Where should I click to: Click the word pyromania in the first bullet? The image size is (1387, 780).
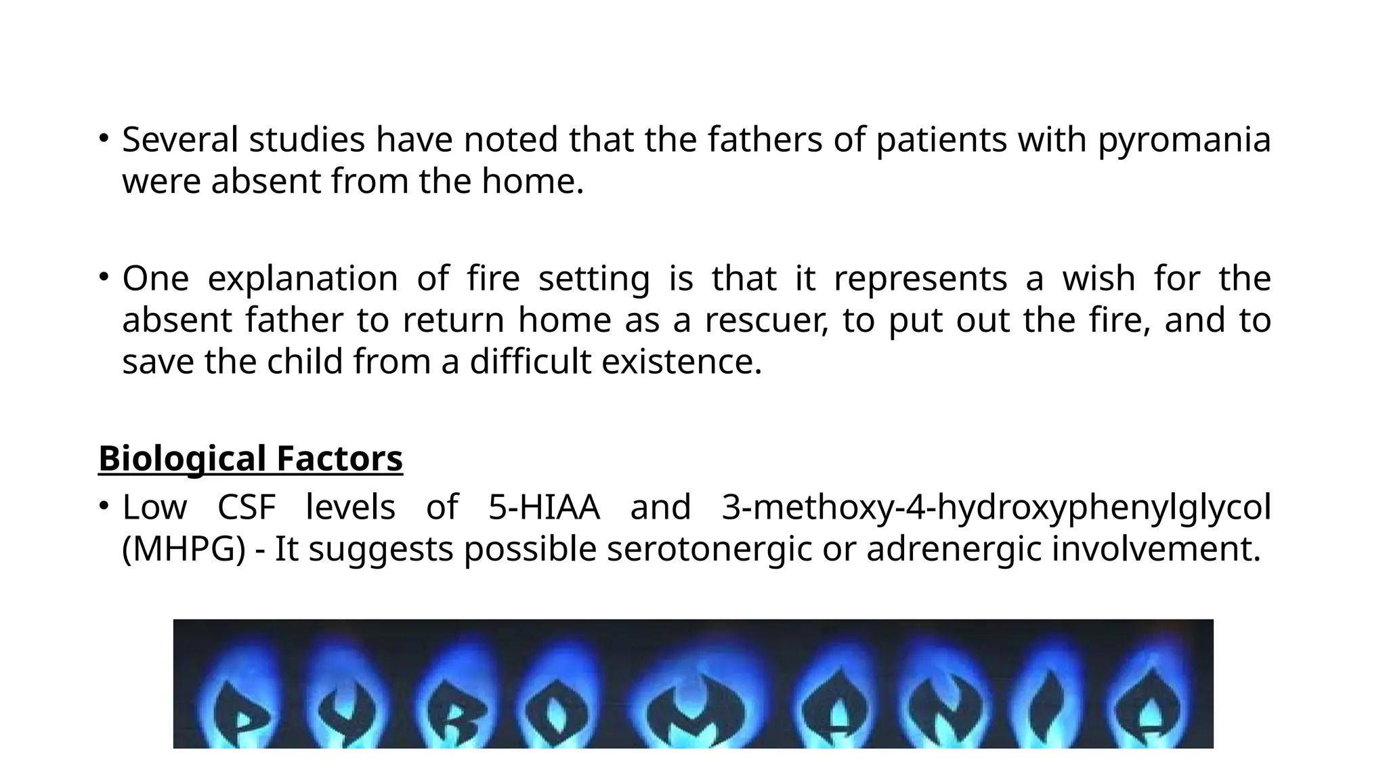click(1184, 141)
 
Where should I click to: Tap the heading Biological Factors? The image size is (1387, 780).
click(251, 458)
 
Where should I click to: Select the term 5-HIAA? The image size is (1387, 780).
click(544, 507)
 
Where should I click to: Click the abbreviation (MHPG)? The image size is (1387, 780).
click(184, 549)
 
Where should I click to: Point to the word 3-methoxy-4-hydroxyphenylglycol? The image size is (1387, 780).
click(996, 507)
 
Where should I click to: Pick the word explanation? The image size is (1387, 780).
click(302, 278)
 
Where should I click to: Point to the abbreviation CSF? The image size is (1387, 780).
click(247, 507)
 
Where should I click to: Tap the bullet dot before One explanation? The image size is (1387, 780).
click(103, 276)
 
